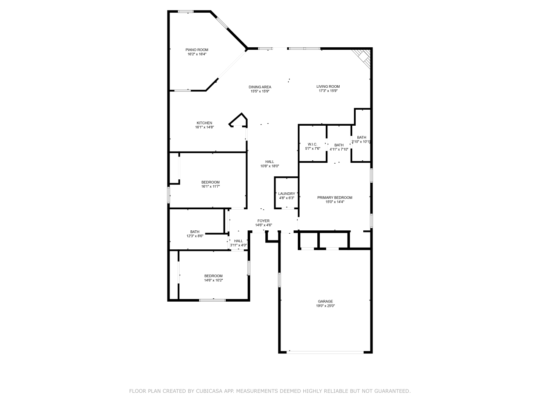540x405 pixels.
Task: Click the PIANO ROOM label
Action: (x=197, y=50)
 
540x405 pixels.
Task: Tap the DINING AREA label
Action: (x=260, y=87)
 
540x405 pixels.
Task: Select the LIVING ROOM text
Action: (x=328, y=86)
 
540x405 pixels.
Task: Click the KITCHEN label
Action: (x=204, y=123)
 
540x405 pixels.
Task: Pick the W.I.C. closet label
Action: (x=313, y=144)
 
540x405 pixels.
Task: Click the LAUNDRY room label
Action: (x=286, y=194)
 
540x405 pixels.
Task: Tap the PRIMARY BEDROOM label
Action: (x=335, y=197)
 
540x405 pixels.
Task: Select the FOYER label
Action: (x=264, y=221)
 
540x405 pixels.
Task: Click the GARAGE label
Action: (x=325, y=301)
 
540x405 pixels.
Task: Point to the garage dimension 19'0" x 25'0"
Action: (x=325, y=306)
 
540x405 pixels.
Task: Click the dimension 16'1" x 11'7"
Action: (x=211, y=186)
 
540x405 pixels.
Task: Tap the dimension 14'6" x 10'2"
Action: (x=213, y=280)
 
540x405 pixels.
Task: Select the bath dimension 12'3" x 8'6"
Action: (x=195, y=236)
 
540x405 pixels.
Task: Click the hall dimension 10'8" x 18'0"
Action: (x=270, y=166)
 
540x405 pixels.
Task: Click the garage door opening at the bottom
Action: (x=325, y=351)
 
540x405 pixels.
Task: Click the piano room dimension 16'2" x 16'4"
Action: (x=197, y=54)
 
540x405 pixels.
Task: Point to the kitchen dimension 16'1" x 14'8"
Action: (x=204, y=127)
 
